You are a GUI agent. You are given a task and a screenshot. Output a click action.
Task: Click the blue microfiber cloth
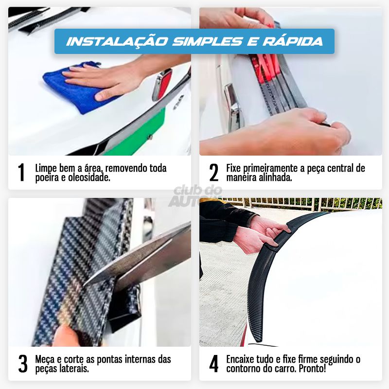[73, 88]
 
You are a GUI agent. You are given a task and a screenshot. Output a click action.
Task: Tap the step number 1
[21, 173]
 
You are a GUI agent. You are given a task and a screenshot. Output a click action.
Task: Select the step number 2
[213, 173]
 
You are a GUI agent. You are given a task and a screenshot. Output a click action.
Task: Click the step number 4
[213, 364]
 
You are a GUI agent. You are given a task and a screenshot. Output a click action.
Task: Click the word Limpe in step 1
[45, 168]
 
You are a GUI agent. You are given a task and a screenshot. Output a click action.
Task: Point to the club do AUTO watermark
[194, 194]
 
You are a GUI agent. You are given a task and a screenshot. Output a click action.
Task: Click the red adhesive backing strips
[260, 68]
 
